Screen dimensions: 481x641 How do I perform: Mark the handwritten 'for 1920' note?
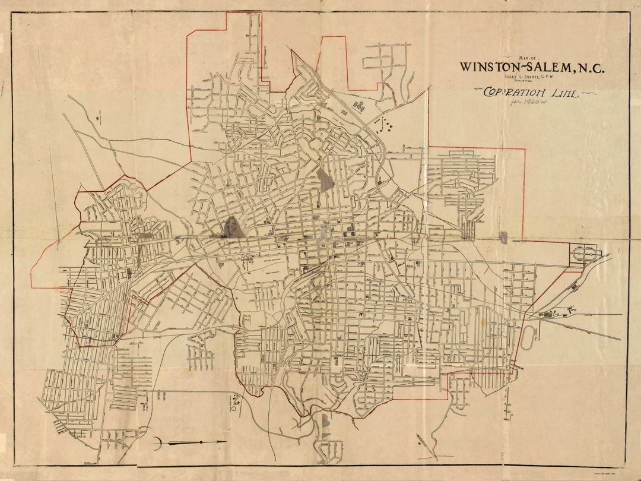coord(529,102)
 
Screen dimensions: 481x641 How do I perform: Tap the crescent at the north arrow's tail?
coord(157,442)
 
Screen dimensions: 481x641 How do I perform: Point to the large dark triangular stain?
coord(234,227)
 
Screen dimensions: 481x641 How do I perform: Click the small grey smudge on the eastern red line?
coord(503,237)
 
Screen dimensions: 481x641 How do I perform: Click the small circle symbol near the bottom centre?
coord(234,408)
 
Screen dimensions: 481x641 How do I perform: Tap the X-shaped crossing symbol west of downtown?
coord(246,257)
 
